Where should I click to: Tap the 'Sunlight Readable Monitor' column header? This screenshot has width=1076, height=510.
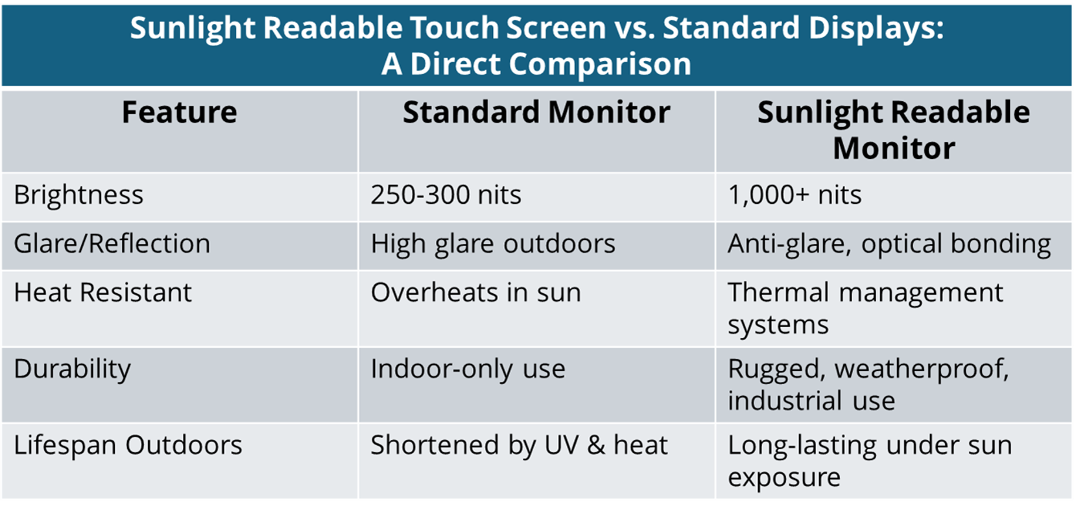tap(894, 130)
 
